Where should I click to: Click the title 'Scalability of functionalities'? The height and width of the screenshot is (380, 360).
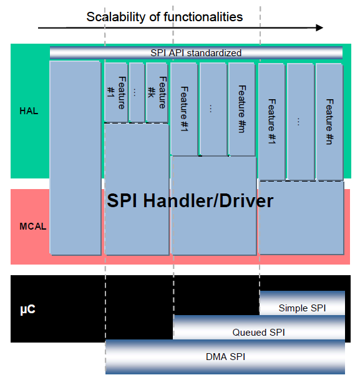[x=165, y=17]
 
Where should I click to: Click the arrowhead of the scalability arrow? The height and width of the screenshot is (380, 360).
[x=319, y=28]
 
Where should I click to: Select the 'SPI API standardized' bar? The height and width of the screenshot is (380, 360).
[x=196, y=52]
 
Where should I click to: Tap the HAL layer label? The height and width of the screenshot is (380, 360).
[x=29, y=111]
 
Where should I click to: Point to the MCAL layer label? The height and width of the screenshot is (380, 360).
[x=33, y=227]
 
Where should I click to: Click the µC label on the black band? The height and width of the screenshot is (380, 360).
[x=27, y=309]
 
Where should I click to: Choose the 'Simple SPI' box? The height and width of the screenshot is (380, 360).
[x=302, y=303]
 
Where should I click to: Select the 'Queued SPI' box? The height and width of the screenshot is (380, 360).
[x=259, y=327]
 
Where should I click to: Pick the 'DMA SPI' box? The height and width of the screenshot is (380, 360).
[x=225, y=357]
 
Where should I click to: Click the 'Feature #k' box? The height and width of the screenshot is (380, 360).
[x=157, y=92]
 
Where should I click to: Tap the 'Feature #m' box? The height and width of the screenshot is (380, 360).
[x=242, y=109]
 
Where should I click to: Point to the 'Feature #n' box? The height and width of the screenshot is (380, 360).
[x=329, y=122]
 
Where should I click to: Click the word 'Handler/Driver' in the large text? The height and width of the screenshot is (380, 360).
[x=208, y=201]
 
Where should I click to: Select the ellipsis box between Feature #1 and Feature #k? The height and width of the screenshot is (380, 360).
[x=137, y=92]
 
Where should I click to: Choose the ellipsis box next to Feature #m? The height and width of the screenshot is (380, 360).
[x=213, y=109]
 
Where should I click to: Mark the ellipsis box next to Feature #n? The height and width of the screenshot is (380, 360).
[x=300, y=122]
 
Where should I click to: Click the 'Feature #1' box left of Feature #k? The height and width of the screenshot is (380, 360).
[x=116, y=92]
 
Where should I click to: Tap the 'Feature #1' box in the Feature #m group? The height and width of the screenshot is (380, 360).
[x=184, y=109]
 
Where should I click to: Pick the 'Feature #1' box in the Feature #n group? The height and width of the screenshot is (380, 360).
[x=271, y=122]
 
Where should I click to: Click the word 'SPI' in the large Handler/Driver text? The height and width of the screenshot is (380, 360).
[x=122, y=201]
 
